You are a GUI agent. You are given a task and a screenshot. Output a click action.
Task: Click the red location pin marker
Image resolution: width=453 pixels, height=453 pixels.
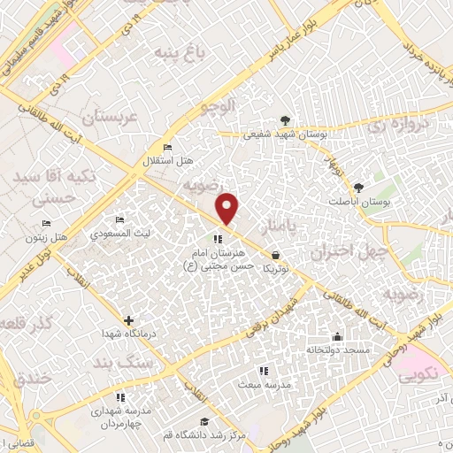tap(228, 209)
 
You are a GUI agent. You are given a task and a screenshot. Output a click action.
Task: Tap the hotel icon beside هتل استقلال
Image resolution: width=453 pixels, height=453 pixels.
tap(168, 147)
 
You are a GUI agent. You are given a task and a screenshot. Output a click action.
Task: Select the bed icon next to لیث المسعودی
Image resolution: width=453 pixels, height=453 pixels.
tap(119, 219)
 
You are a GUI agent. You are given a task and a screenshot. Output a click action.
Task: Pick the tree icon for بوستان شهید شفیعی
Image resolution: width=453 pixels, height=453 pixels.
tap(285, 120)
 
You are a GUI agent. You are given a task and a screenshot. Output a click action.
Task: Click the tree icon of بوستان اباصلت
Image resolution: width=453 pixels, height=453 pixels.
tap(357, 188)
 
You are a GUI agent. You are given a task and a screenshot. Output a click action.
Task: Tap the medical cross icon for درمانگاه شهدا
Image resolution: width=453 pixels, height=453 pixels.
tap(129, 320)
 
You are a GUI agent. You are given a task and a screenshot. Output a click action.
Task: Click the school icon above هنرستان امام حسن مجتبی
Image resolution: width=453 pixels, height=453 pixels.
tap(218, 238)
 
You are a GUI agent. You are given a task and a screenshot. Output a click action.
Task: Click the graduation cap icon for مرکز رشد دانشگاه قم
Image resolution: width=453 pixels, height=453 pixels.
tap(204, 421)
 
